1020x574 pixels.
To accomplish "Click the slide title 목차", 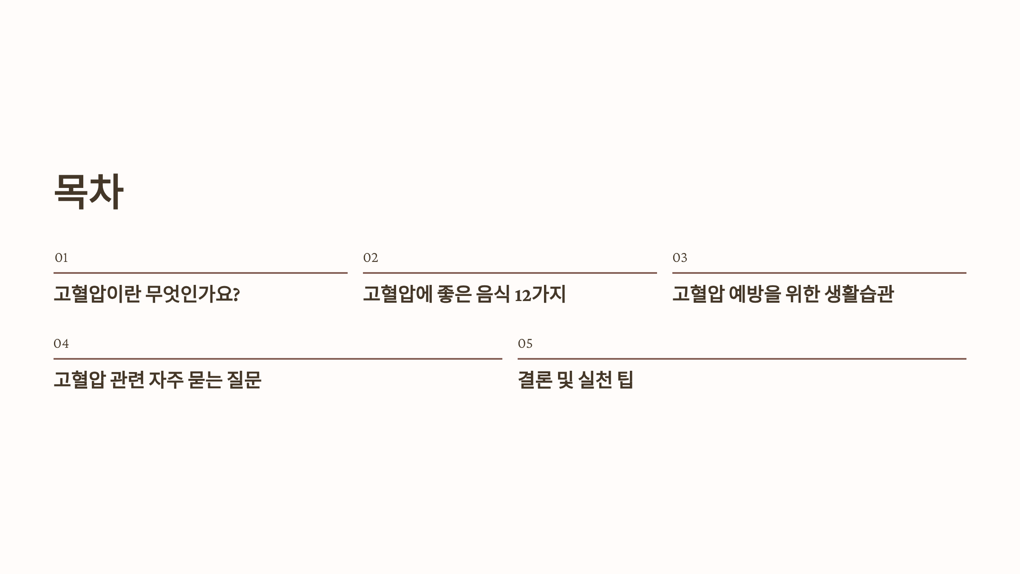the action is coord(88,191).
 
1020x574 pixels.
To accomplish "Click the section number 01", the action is coord(61,258).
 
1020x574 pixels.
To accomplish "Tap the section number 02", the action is coord(370,258).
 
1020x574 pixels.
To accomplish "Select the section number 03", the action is coord(680,258).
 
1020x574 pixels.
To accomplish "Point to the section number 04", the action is coord(61,344).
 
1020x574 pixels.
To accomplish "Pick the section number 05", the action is coord(525,344).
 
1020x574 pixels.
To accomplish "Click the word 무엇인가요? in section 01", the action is coord(193,294).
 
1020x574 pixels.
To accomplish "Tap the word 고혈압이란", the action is coord(97,294).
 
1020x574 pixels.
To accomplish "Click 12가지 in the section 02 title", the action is coord(540,294).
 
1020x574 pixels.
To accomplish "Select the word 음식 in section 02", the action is coord(493,294).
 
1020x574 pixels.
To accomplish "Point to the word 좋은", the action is coord(454,294).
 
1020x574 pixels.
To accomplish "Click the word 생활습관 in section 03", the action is coord(859,294).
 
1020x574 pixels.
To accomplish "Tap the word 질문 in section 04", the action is coord(244,380).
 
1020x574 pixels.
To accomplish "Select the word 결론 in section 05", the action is coord(535,380).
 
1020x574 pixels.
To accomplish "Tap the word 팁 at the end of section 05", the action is coord(626,380).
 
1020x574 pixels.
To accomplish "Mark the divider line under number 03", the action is coord(819,273).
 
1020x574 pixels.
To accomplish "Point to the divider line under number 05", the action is coord(742,359).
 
